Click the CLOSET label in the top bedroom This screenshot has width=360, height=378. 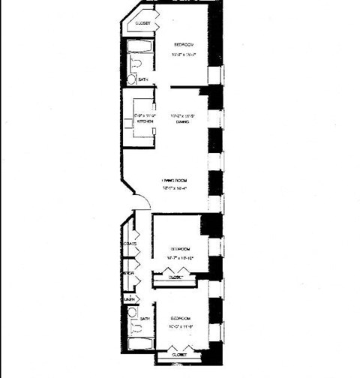[142, 24]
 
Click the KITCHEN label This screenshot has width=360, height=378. [144, 121]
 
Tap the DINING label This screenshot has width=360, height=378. [181, 121]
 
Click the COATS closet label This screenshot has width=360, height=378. [129, 244]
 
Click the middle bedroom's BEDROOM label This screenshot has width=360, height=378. [179, 248]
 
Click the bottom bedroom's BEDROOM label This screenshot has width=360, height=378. [179, 318]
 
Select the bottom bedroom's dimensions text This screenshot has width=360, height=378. [179, 325]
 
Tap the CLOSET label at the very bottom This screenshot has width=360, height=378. [179, 354]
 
